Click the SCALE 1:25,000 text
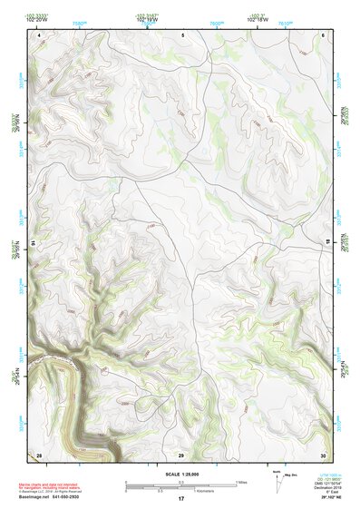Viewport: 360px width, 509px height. [x=180, y=473]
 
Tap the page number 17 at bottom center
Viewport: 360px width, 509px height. [x=180, y=499]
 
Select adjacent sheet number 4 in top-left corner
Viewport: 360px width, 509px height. [x=40, y=34]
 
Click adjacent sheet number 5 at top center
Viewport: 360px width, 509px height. [x=182, y=34]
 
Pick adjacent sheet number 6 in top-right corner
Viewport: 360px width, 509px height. [x=324, y=34]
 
